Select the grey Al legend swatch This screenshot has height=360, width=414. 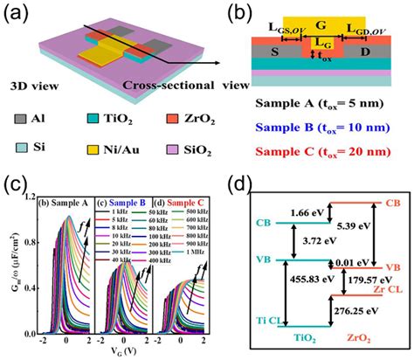[x=19, y=114]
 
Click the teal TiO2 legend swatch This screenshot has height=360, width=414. [x=94, y=114]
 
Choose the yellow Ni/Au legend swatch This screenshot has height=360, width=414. [x=94, y=138]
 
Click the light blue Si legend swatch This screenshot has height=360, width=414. [x=19, y=138]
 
